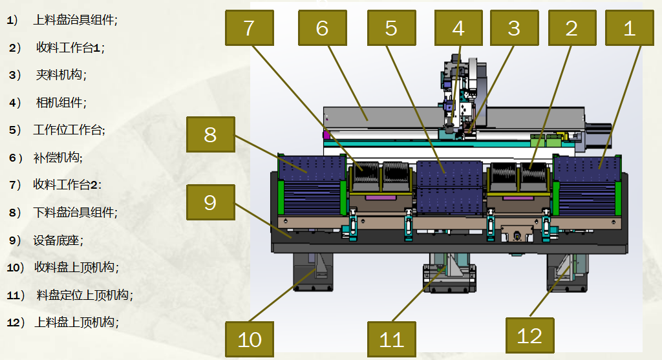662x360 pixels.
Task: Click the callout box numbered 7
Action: [250, 28]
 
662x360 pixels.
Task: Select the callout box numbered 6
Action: [323, 28]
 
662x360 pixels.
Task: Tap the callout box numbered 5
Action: [392, 28]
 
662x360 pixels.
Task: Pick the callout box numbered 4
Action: [458, 28]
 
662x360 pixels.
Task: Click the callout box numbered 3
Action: [514, 28]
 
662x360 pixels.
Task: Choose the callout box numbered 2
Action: [572, 28]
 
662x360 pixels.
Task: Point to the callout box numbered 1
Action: [630, 28]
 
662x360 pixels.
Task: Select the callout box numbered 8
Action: [211, 134]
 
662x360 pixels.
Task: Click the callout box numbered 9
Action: [211, 202]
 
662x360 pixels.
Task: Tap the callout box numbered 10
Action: [250, 339]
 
